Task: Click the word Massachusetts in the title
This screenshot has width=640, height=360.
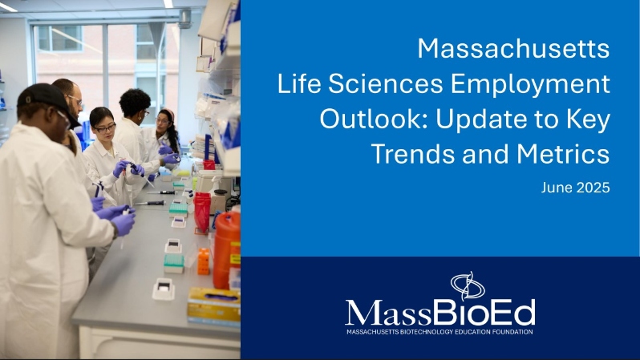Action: [513, 49]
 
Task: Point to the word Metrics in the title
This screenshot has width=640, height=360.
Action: [563, 154]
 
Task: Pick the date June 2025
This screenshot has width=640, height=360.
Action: [576, 188]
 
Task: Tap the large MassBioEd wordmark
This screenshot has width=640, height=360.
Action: [440, 313]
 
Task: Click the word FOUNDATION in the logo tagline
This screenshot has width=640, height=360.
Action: [512, 332]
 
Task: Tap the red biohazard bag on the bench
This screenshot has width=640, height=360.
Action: [202, 212]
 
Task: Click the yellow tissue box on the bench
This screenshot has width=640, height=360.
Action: [214, 305]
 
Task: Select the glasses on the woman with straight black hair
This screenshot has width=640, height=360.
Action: [105, 129]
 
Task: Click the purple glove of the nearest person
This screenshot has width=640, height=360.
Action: [123, 223]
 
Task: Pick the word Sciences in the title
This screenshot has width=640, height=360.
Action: [385, 84]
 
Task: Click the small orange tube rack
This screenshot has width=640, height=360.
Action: [203, 261]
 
